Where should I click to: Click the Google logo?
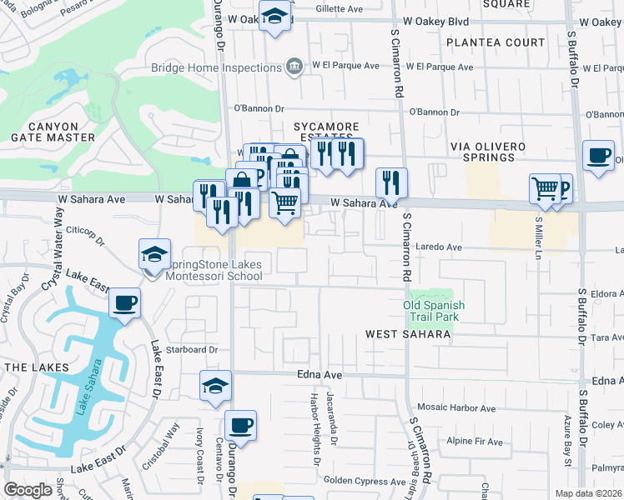click(28, 490)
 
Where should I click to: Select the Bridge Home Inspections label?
click(216, 67)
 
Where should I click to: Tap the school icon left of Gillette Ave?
click(274, 17)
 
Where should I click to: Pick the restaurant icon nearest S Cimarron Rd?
click(390, 182)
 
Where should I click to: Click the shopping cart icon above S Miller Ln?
click(545, 189)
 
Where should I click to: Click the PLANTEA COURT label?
click(496, 42)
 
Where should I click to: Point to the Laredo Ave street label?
click(440, 247)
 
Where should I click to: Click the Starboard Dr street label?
click(191, 350)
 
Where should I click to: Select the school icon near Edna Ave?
click(215, 387)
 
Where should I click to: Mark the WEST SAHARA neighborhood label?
click(409, 334)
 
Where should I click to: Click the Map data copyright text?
click(589, 493)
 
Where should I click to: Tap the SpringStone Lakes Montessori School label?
click(215, 271)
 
